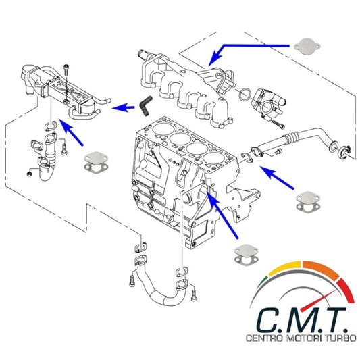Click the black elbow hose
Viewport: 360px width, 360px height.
pyautogui.click(x=145, y=105)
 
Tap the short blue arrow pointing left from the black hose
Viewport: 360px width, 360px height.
pyautogui.click(x=124, y=107)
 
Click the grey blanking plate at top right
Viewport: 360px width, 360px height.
pyautogui.click(x=307, y=47)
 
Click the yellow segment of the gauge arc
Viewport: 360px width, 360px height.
pyautogui.click(x=285, y=267)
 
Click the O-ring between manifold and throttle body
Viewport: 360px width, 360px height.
pyautogui.click(x=245, y=95)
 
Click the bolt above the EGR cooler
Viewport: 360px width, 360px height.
pyautogui.click(x=67, y=70)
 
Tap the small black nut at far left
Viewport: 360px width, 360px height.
pyautogui.click(x=29, y=174)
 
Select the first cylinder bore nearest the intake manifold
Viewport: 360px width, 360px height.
pyautogui.click(x=163, y=130)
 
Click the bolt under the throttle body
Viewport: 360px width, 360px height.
pyautogui.click(x=278, y=124)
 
